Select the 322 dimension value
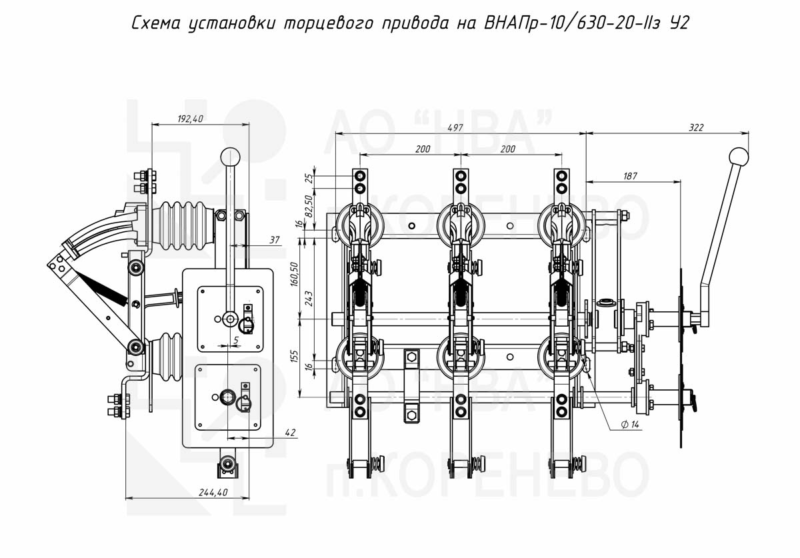(x=696, y=127)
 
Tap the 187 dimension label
(x=631, y=176)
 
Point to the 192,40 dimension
(x=190, y=119)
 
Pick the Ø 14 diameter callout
(x=629, y=425)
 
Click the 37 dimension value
(x=275, y=240)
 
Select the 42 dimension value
(x=289, y=433)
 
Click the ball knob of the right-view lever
(x=739, y=157)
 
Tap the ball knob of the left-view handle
(x=231, y=157)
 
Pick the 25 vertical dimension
(x=307, y=178)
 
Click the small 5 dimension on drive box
(x=235, y=339)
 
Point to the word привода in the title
(x=415, y=25)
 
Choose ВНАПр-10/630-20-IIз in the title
(x=568, y=24)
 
